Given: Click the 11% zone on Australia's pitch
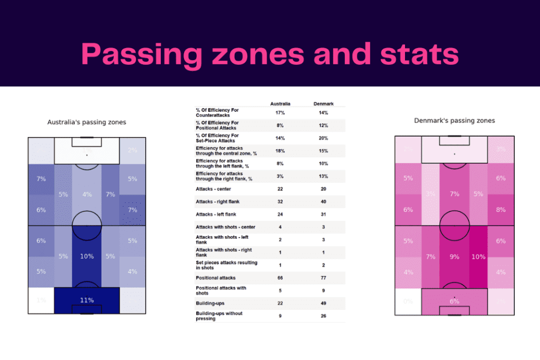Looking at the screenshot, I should pos(87,300).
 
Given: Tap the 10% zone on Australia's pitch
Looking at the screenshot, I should pos(87,256).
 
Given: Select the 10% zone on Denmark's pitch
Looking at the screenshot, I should pos(479,257).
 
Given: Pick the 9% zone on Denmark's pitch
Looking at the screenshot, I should pos(455,257).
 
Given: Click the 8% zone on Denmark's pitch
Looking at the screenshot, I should pos(500,209).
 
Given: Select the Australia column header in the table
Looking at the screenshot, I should pos(280,104).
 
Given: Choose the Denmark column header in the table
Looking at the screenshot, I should pos(323,104).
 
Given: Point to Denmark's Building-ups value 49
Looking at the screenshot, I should pos(323,303).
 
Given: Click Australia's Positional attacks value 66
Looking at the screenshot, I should pos(280,278).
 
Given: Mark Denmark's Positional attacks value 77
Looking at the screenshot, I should pos(323,278).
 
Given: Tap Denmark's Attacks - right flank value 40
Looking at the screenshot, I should pos(323,201).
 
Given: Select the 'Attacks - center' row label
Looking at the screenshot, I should pos(214,189).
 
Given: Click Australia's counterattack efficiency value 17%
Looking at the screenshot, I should pos(280,113).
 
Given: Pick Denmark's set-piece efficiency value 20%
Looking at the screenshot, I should pos(323,138).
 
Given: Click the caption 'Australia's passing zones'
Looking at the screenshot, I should pos(86,122).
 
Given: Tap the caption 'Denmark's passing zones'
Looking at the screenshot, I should pos(455,121).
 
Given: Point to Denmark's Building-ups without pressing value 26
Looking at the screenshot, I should pos(323,316).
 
